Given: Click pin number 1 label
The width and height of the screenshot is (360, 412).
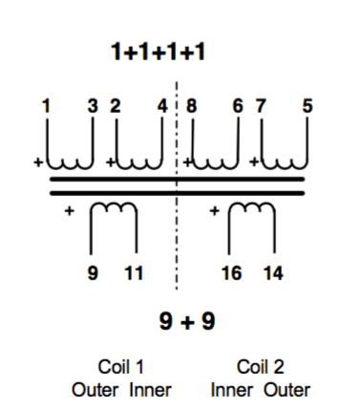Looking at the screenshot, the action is click(47, 106).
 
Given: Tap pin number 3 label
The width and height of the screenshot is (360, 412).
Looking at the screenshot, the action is click(93, 106).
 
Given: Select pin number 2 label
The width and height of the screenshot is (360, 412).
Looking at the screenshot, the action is click(116, 106).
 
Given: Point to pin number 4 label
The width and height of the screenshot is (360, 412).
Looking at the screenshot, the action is click(162, 106).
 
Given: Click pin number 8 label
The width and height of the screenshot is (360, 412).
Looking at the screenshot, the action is click(191, 106).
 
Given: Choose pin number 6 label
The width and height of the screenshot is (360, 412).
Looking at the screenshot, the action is click(238, 106).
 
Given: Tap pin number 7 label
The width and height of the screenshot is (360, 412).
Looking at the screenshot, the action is click(261, 106).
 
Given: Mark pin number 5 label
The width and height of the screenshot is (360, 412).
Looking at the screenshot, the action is click(307, 106).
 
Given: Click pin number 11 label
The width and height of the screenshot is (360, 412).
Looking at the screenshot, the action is click(134, 273).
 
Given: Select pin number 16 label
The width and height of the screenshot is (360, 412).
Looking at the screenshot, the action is click(231, 273).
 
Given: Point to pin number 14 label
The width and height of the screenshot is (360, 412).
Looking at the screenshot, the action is click(273, 273).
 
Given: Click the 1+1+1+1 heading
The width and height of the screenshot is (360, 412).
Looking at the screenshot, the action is click(158, 52).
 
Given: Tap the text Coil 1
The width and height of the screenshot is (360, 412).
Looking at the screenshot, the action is click(121, 367).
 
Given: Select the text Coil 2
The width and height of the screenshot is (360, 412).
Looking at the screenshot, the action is click(260, 367).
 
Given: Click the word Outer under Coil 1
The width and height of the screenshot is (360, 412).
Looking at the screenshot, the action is click(95, 390).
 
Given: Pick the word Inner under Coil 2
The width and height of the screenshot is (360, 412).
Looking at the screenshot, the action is click(232, 390).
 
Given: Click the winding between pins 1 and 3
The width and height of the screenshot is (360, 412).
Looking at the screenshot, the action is click(70, 167).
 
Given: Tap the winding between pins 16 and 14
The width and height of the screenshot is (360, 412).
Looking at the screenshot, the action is click(251, 204).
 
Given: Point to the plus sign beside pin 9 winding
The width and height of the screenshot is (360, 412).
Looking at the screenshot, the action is click(70, 210).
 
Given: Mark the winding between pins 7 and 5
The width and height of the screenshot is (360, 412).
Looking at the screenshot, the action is click(285, 167).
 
